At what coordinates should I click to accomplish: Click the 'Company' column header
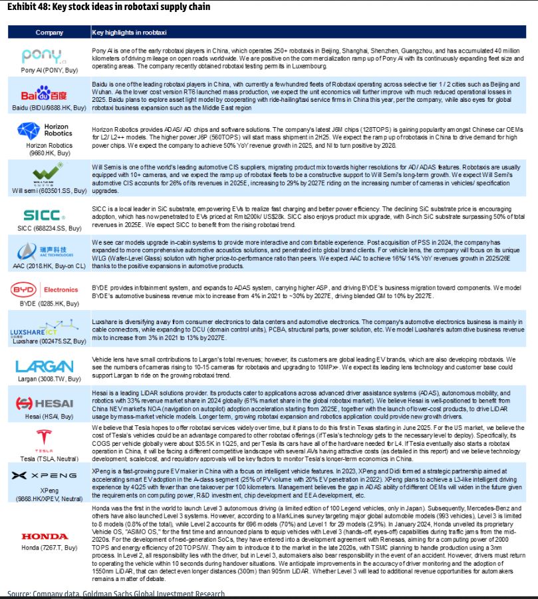49,33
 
